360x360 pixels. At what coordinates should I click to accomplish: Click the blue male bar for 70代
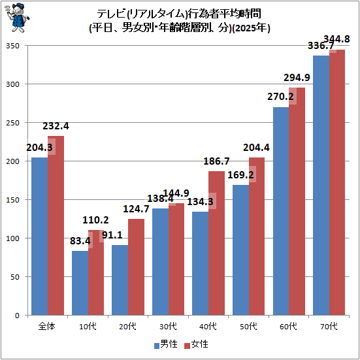[x=321, y=186]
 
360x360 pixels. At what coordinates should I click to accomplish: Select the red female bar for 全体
[x=56, y=225]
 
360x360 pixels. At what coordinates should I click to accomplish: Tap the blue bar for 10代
[x=80, y=283]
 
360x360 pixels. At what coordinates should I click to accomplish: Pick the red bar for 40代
[x=216, y=243]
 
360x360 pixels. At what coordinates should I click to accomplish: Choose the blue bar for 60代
[x=281, y=211]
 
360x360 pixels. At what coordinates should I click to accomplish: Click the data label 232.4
[x=56, y=126]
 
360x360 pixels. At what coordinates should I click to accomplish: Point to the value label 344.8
[x=336, y=39]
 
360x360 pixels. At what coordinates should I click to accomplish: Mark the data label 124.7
[x=136, y=209]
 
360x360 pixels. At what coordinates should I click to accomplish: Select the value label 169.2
[x=240, y=175]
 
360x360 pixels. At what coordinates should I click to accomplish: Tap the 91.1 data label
[x=112, y=235]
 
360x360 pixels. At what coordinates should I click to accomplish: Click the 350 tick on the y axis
[x=12, y=46]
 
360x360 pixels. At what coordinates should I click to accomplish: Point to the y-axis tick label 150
[x=12, y=200]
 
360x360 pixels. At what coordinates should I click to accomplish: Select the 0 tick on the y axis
[x=17, y=316]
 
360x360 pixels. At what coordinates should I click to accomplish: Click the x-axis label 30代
[x=168, y=326]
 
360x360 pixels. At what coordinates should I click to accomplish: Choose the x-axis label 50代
[x=248, y=326]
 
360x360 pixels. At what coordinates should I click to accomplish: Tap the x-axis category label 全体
[x=47, y=326]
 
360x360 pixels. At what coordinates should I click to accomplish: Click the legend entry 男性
[x=166, y=344]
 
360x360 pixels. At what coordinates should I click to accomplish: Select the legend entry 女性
[x=196, y=344]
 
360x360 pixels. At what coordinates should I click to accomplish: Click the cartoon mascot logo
[x=17, y=18]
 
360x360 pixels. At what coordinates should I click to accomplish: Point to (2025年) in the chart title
[x=251, y=29]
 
